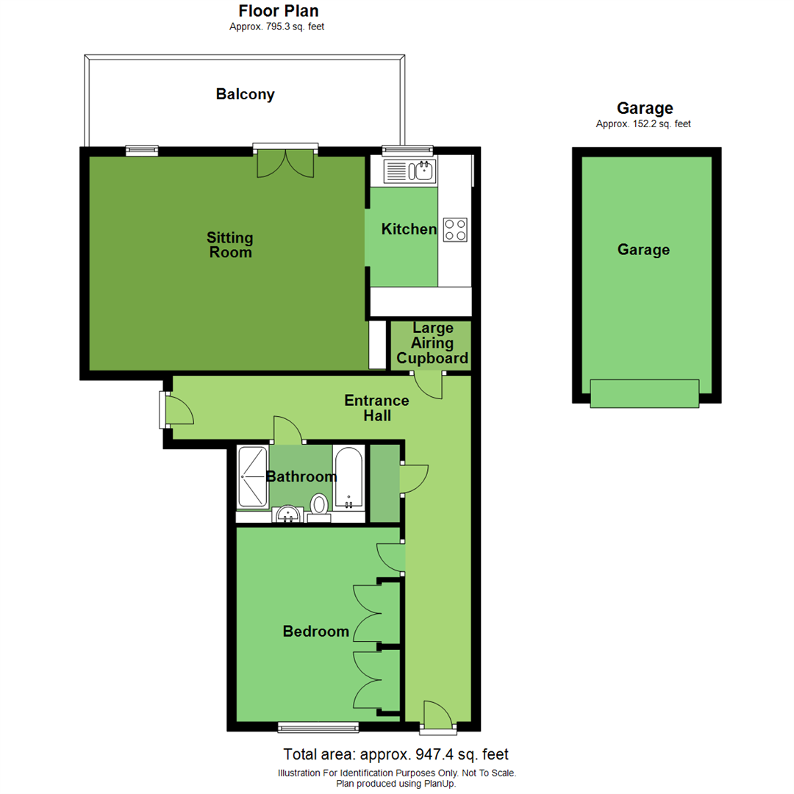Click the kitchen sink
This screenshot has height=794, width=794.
click(410, 172)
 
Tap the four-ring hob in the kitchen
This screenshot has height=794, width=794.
click(455, 229)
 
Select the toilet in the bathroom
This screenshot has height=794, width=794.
click(319, 505)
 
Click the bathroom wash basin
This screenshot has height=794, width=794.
click(287, 513)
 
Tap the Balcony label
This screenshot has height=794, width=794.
click(245, 95)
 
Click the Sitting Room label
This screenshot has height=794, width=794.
click(229, 245)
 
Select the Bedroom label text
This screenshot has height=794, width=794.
click(315, 631)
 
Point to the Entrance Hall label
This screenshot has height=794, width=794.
click(376, 408)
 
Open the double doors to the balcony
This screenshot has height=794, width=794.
click(286, 162)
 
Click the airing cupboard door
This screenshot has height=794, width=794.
click(428, 386)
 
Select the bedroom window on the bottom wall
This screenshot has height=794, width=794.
click(318, 727)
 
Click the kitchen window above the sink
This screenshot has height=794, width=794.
click(407, 150)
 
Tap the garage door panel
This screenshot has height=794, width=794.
click(645, 393)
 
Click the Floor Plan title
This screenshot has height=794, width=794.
click(279, 11)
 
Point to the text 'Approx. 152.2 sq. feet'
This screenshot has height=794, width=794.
click(643, 124)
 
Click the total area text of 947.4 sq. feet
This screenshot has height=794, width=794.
click(396, 754)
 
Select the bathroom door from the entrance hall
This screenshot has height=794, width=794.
click(287, 431)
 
